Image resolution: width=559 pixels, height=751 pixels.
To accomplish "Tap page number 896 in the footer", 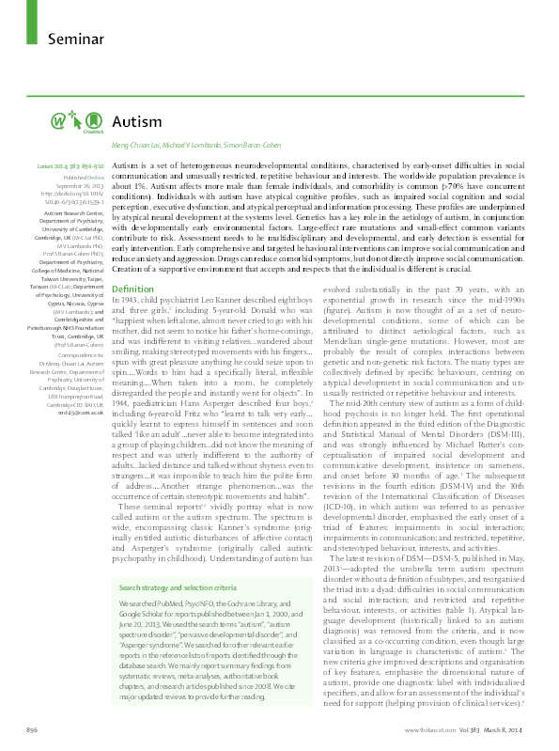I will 32,728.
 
